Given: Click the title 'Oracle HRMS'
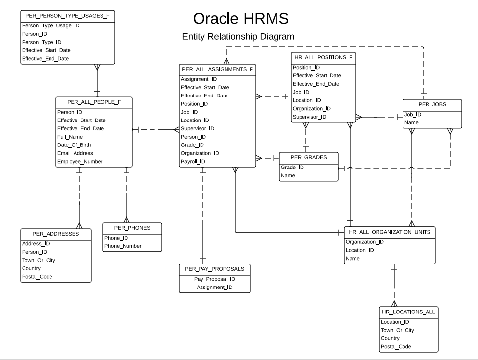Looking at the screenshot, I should coord(240,18).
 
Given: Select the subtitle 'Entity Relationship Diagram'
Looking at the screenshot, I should coord(238,37).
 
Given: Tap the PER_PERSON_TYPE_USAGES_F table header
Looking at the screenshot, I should coord(68,16).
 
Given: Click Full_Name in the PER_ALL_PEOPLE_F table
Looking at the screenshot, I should coord(70,137).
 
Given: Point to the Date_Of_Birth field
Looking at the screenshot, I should coord(74,145).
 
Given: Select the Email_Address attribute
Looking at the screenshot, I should coord(75,153).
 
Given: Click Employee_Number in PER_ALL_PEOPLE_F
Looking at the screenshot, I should coord(80,161).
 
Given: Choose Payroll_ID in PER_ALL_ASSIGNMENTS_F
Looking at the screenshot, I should coord(193,161).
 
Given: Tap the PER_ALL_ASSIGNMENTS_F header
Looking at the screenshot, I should coord(217,69).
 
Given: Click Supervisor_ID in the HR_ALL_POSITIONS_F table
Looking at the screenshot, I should coord(309,117).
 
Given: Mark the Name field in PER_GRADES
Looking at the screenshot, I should coord(288,175).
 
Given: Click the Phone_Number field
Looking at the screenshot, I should coord(123,246).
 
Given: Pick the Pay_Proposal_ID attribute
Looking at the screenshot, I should coord(214,279).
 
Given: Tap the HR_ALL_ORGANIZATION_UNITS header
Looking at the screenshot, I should coord(389,232).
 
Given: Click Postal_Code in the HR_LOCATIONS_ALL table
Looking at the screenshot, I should coord(396,346).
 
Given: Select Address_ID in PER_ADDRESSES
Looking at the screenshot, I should coord(36,243).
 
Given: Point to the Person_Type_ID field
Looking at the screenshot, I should coord(42,42).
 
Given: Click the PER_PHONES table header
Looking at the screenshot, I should coord(132,228).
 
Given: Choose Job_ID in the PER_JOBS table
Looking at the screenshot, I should coord(412,114).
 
